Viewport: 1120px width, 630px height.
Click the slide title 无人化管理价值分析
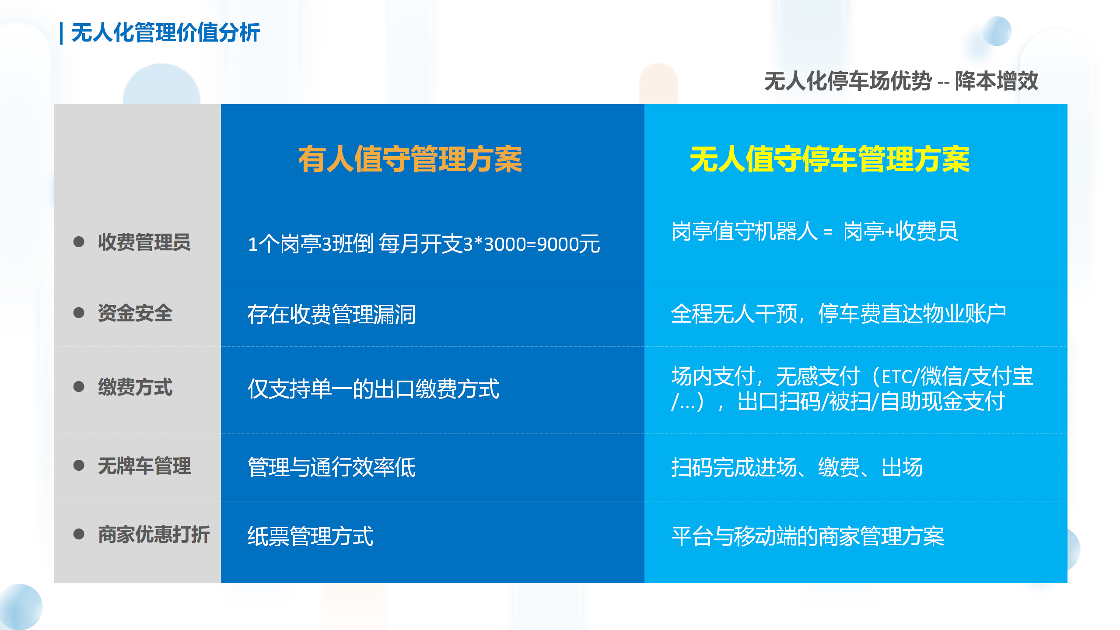coord(165,33)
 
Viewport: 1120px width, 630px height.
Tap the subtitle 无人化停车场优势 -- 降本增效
coord(901,81)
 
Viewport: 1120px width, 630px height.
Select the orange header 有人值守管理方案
coord(410,159)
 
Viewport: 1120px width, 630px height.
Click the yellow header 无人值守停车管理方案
coord(829,159)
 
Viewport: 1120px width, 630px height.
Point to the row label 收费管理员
coord(144,242)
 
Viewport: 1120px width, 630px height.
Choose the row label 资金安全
coord(135,313)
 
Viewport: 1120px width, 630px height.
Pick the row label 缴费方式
coord(135,387)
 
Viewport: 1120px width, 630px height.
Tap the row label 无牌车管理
coord(144,465)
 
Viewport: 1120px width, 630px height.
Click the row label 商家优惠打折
coord(154,534)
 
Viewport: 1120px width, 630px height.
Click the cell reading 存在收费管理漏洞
coord(332,314)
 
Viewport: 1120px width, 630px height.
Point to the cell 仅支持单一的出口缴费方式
coord(373,388)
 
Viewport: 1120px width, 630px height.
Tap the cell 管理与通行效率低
coord(332,467)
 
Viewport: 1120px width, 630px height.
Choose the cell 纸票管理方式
coord(311,536)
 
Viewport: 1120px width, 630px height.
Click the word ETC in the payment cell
coord(897,377)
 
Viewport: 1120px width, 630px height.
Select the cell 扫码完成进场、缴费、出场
coord(797,467)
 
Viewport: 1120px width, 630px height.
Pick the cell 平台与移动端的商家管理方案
coord(808,536)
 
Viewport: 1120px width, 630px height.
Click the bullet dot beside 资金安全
coord(79,313)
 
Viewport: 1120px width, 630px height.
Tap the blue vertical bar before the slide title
coord(61,33)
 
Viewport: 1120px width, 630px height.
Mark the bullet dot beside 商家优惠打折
coord(79,534)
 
